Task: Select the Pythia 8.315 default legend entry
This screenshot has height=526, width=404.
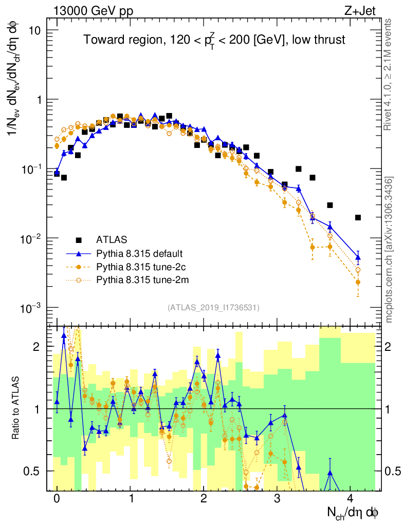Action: [x=139, y=253]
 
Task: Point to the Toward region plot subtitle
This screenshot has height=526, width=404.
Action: [x=214, y=41]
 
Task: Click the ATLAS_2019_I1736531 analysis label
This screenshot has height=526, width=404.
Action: [x=213, y=308]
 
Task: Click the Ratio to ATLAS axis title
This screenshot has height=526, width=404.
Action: [x=17, y=408]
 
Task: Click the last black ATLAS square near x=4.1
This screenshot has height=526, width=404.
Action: [x=358, y=218]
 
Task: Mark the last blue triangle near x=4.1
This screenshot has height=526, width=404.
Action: [x=358, y=257]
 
